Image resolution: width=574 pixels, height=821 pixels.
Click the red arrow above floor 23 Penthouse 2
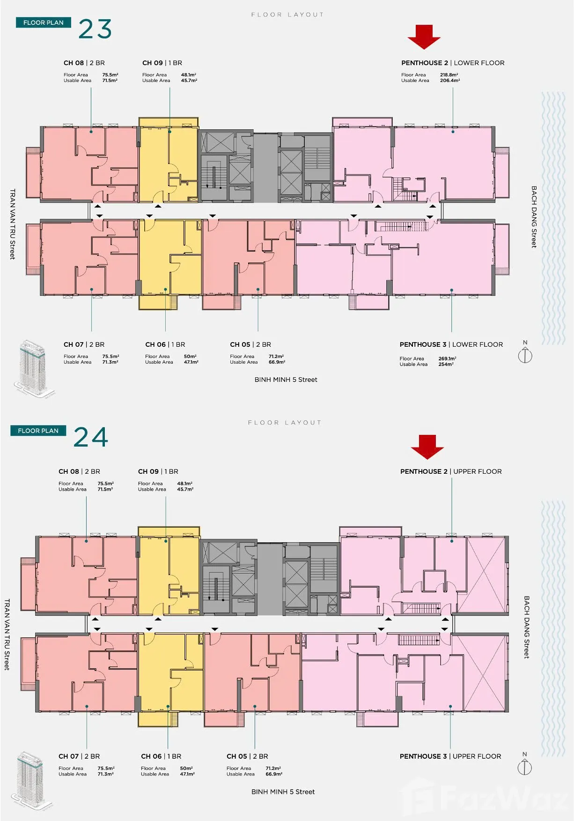click(424, 37)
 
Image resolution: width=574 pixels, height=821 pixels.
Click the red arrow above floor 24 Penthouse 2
click(427, 447)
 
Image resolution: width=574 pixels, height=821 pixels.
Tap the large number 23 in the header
click(95, 29)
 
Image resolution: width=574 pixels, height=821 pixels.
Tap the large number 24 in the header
click(91, 437)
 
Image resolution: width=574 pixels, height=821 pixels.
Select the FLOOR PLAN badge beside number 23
click(43, 22)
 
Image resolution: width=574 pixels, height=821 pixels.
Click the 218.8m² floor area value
click(449, 75)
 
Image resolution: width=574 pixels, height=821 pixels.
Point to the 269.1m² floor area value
click(447, 358)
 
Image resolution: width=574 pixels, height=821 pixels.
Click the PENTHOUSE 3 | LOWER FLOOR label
click(451, 344)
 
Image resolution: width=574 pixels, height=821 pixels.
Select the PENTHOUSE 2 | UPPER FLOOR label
click(451, 471)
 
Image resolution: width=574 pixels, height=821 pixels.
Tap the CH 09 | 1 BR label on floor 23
click(162, 63)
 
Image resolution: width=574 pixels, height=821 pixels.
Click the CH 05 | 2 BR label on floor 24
click(247, 756)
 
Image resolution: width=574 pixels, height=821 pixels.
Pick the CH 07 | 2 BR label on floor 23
click(84, 344)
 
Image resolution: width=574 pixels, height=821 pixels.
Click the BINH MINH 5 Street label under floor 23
click(286, 380)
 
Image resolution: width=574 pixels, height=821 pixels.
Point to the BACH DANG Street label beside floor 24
click(526, 627)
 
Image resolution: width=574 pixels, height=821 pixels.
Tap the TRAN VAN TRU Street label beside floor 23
click(13, 224)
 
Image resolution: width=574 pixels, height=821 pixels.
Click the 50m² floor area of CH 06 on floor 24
click(186, 769)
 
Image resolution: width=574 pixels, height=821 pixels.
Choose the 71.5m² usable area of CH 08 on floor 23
click(110, 81)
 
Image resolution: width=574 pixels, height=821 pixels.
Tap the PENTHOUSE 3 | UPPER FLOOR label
click(450, 756)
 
